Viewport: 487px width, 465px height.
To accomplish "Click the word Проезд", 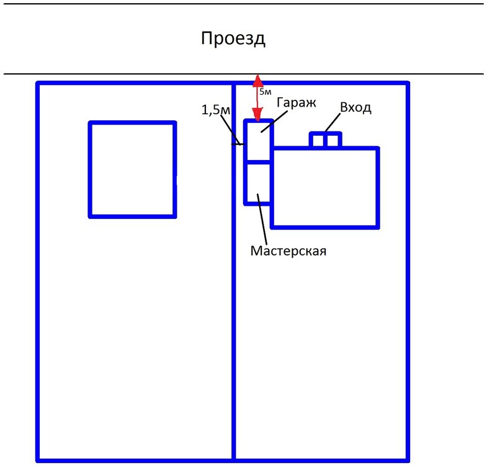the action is (233, 39).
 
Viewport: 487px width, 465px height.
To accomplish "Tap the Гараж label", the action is (297, 103).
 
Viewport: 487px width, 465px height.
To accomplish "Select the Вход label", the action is (355, 107).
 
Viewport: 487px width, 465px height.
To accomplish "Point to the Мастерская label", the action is (288, 251).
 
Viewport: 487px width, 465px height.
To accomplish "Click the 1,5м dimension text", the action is (216, 110).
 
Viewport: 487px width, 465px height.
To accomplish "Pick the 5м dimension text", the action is (266, 92).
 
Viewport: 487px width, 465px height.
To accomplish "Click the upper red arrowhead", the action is (257, 80).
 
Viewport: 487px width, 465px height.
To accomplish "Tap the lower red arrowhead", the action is (257, 114).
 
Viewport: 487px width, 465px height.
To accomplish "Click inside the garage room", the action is (259, 141).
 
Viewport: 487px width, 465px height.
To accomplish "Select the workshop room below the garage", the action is (259, 184).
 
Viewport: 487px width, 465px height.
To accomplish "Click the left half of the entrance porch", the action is (318, 141).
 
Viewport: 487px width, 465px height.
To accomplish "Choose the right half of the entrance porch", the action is (333, 141).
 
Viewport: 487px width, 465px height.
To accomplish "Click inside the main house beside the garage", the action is (325, 188).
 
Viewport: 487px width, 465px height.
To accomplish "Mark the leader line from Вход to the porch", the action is (333, 122).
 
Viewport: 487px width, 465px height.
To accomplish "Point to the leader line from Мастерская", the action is (262, 219).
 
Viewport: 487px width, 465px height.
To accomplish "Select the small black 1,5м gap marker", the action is (238, 144).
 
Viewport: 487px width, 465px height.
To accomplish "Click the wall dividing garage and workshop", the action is (259, 162).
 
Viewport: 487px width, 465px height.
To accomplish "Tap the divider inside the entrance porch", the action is (326, 140).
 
